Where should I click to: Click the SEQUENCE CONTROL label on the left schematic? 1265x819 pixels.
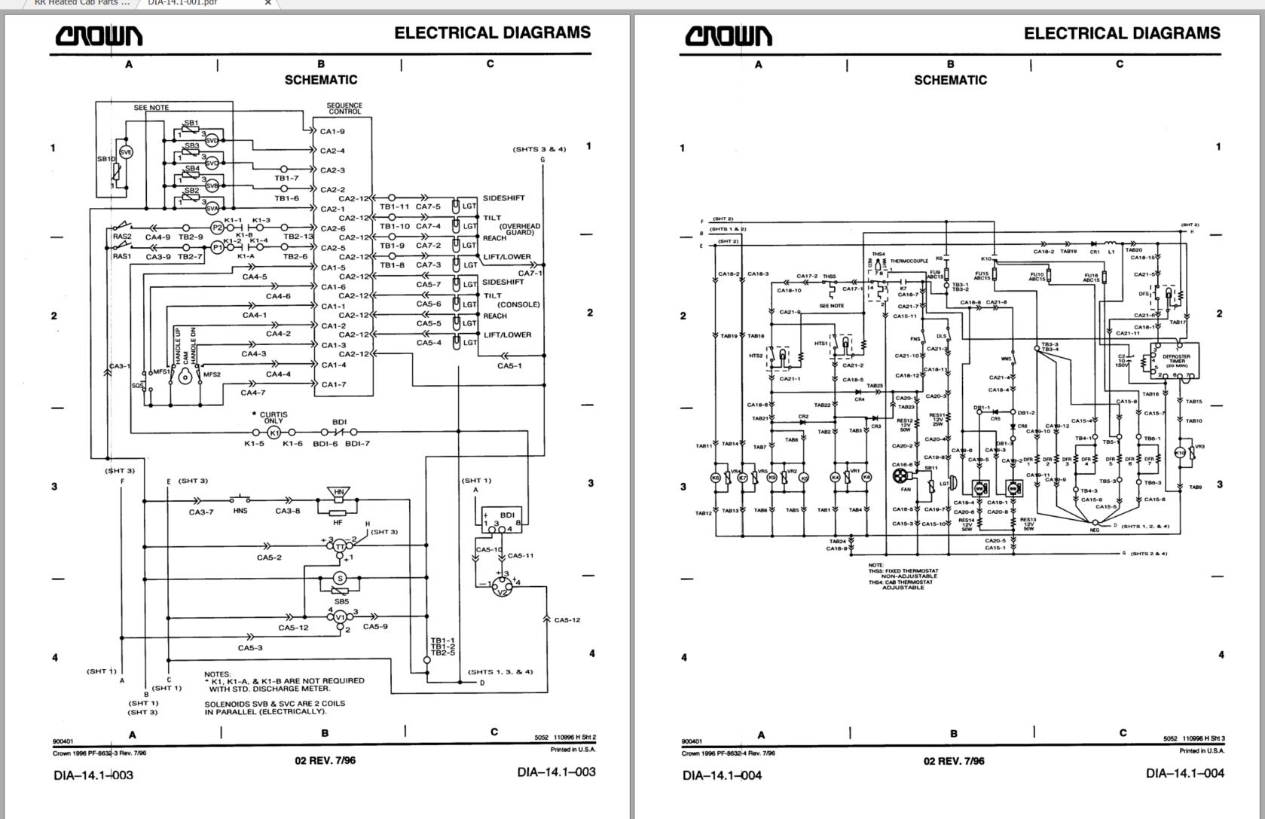pos(344,108)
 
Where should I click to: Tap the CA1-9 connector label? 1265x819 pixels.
pos(332,131)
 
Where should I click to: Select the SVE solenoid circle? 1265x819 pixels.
pos(126,152)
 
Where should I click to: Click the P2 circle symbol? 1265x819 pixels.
pos(217,228)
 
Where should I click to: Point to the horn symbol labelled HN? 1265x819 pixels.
pos(339,494)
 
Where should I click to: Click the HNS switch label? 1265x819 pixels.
pos(240,511)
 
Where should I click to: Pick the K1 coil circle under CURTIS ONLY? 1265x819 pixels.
pos(274,432)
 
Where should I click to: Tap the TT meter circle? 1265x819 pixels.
pos(340,545)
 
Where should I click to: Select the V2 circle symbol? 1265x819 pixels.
pos(503,587)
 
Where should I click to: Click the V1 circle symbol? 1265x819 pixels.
pos(340,617)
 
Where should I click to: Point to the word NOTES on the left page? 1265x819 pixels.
pos(218,674)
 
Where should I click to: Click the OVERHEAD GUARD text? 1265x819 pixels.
pos(519,229)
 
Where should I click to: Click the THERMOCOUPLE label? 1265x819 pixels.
pos(909,261)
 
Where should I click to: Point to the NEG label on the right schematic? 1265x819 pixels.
pos(1095,530)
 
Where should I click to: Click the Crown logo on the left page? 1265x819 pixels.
pos(99,35)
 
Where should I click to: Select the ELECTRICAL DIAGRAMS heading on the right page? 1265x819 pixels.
pos(1121,33)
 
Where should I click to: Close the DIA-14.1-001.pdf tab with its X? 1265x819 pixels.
pos(267,3)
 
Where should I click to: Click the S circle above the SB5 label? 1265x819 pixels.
pos(340,579)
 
